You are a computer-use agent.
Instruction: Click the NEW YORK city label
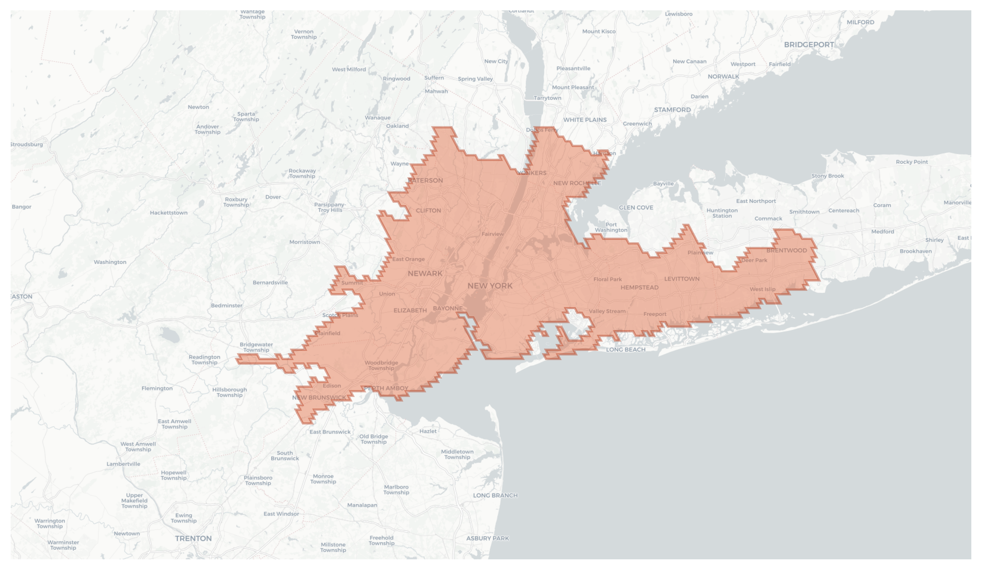pos(490,286)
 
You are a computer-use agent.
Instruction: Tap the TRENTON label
pos(193,538)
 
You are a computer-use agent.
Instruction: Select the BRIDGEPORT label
pos(809,45)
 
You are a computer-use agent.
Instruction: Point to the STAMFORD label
pos(672,110)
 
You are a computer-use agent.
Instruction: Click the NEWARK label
pos(425,274)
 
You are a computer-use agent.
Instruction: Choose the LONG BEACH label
pos(625,349)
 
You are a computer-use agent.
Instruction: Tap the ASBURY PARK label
pos(487,538)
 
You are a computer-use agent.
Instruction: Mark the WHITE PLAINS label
pos(585,120)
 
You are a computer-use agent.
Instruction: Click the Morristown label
pos(304,242)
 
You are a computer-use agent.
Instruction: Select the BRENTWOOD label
pos(786,250)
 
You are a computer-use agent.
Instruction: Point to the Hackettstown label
pos(168,213)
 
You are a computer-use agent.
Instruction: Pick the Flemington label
pos(157,389)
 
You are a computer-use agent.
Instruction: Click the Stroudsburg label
pos(26,144)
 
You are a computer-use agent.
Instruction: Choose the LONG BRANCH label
pos(495,496)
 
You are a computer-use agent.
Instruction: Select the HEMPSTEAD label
pos(639,287)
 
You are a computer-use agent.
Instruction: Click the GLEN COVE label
pos(636,208)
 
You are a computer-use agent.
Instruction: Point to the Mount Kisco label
pos(598,32)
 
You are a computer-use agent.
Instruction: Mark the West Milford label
pos(349,69)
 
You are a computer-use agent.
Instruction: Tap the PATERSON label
pos(425,180)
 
